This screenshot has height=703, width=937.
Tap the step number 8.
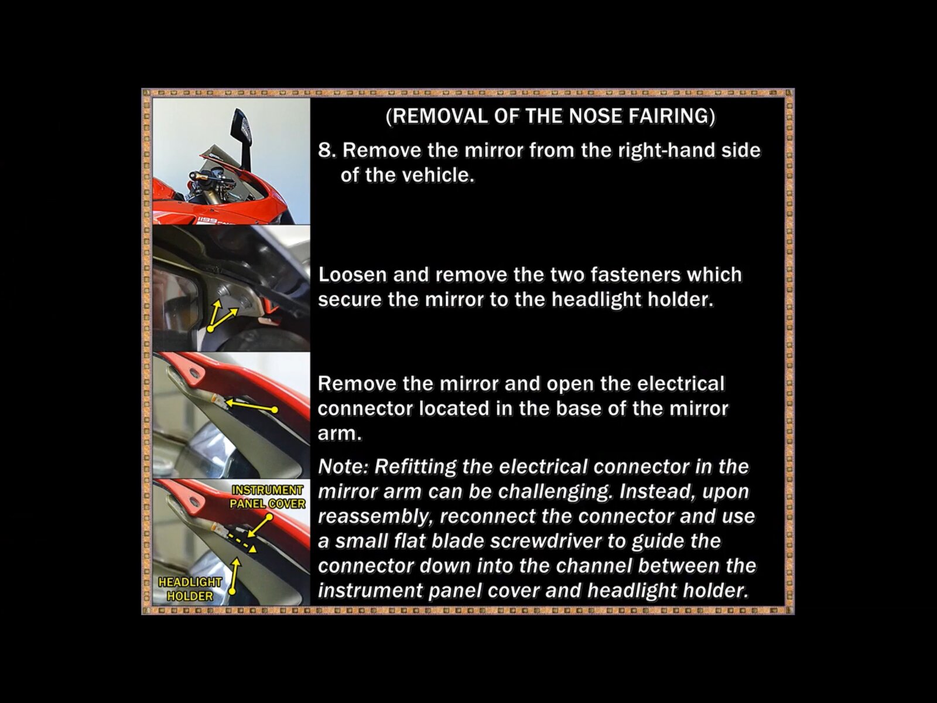click(327, 150)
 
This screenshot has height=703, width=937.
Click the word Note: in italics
click(343, 466)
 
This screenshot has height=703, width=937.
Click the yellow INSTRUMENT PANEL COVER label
click(268, 497)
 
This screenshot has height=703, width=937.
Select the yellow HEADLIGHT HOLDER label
click(190, 589)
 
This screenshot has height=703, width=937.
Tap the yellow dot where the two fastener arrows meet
click(210, 329)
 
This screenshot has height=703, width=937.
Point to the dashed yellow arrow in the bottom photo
click(241, 542)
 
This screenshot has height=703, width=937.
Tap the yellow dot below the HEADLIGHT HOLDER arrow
click(232, 592)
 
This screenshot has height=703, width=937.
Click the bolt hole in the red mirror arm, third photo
click(194, 373)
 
